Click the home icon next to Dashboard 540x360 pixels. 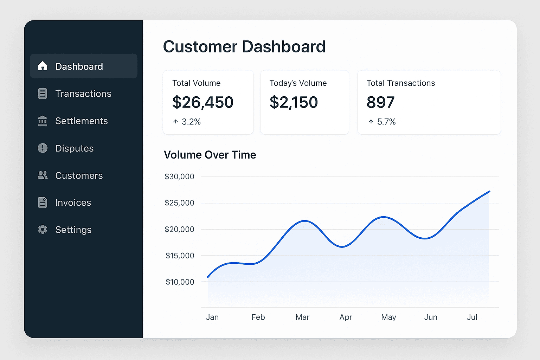[x=43, y=66]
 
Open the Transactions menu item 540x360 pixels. [x=83, y=94]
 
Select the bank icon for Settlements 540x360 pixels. [x=43, y=121]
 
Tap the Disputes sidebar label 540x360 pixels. [x=75, y=148]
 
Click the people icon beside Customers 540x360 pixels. [x=43, y=175]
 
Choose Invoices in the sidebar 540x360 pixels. [x=73, y=202]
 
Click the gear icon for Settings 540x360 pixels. [x=43, y=230]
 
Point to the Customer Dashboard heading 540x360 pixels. [x=244, y=47]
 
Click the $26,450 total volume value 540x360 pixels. [x=202, y=102]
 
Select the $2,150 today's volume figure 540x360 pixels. [x=294, y=102]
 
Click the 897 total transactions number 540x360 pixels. [x=380, y=102]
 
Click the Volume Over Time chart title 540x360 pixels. [x=210, y=155]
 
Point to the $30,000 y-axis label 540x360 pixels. [x=179, y=176]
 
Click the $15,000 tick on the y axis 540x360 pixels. [x=180, y=256]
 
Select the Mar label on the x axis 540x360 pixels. [x=302, y=317]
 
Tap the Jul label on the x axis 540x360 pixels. [x=472, y=317]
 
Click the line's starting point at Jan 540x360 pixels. [x=208, y=277]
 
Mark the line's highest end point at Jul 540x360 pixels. [x=489, y=192]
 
